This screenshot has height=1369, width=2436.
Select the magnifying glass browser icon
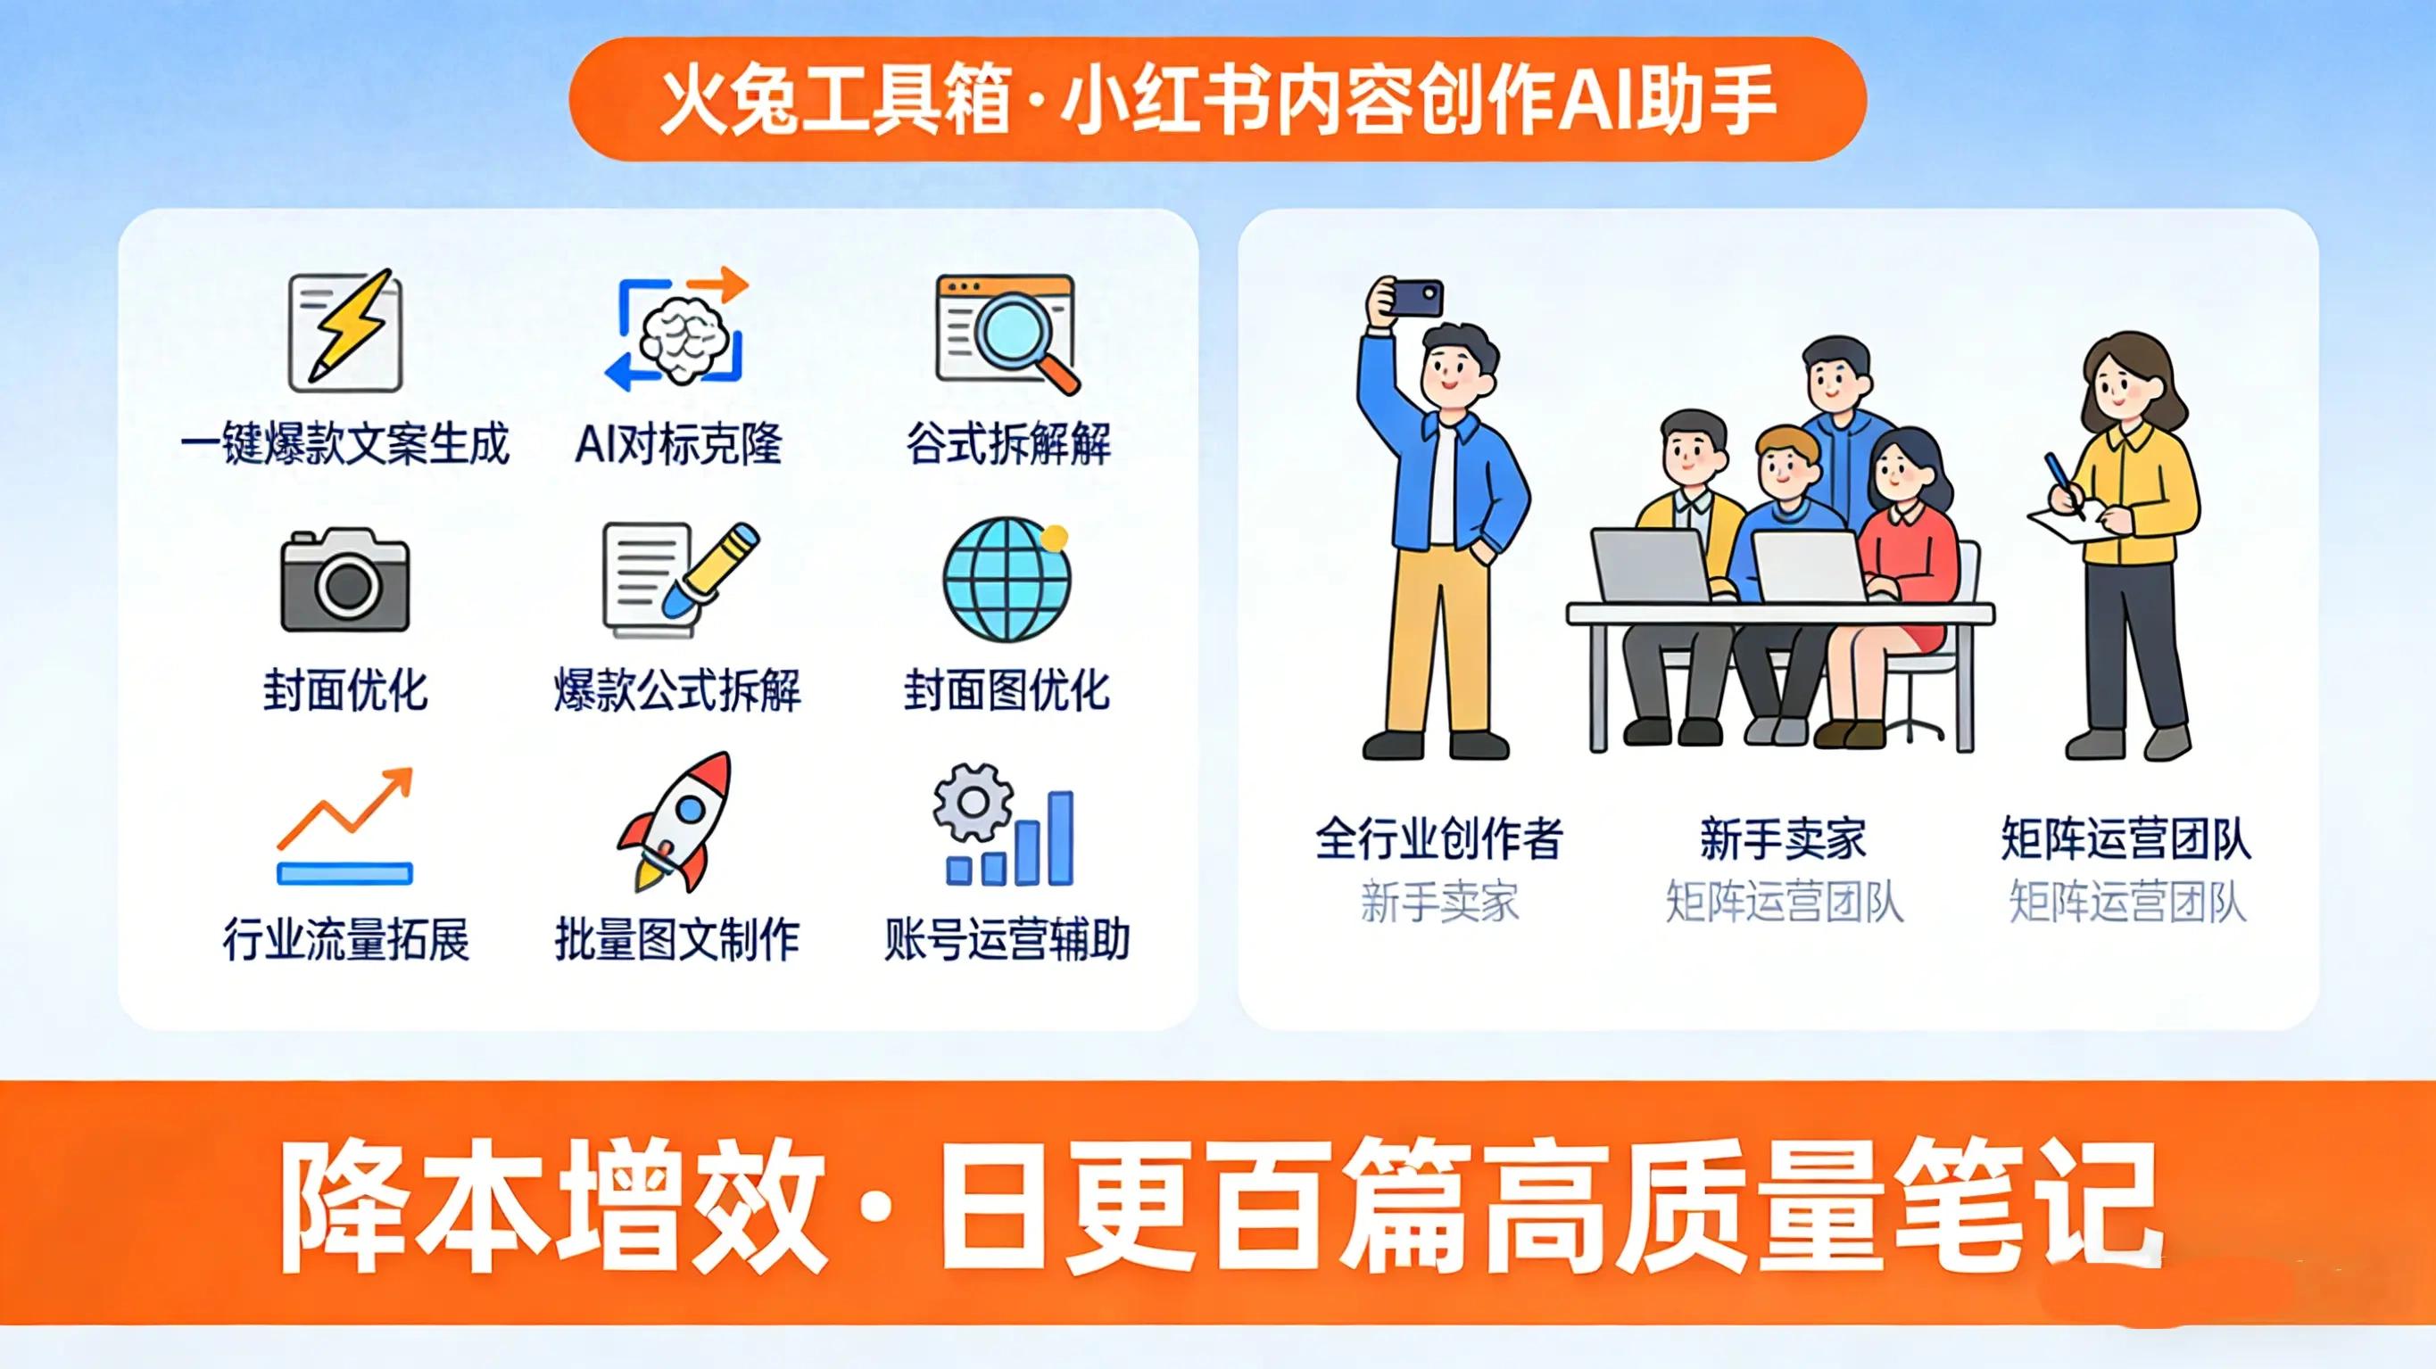point(1007,333)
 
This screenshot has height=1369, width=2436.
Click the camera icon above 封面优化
point(345,580)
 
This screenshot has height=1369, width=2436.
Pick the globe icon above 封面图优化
point(1007,580)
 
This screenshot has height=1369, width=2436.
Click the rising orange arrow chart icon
point(345,825)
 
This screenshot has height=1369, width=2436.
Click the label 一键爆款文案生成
point(345,444)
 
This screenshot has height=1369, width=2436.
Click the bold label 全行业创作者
point(1438,838)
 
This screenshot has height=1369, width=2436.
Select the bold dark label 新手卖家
point(1783,838)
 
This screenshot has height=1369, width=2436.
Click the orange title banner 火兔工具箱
point(1217,99)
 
